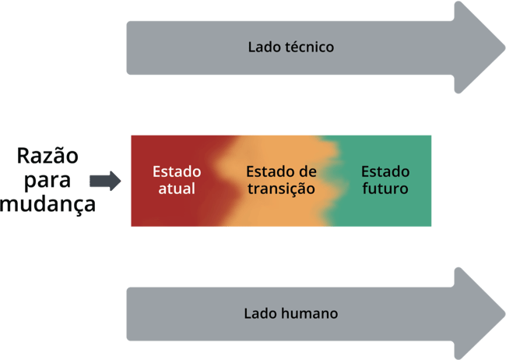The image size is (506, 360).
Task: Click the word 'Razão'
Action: click(x=48, y=156)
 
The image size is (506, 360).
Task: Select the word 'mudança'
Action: click(x=48, y=205)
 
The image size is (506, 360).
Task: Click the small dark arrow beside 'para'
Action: click(x=105, y=182)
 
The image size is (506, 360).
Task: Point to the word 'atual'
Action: click(x=176, y=189)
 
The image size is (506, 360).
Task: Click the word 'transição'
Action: click(x=280, y=189)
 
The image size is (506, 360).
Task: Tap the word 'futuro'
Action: click(x=385, y=189)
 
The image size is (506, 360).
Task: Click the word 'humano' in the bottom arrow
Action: click(x=310, y=314)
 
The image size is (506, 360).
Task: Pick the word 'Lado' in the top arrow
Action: click(x=262, y=47)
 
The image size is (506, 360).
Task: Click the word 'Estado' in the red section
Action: click(x=177, y=171)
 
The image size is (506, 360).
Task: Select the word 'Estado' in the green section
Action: click(x=385, y=171)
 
